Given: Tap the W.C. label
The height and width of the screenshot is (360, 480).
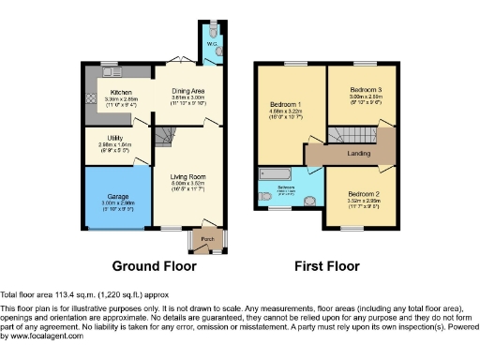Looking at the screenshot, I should pos(211,43).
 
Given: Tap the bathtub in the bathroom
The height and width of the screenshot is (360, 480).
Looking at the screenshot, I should pos(278,172).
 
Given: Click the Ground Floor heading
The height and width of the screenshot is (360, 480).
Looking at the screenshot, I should pos(154,265).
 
